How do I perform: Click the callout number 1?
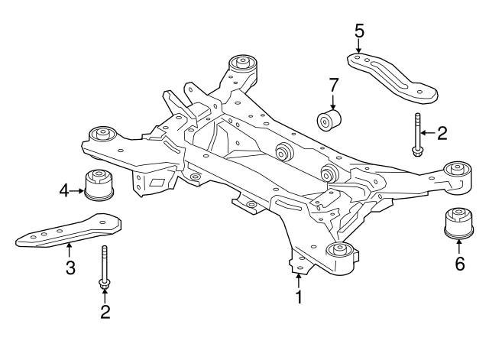299,297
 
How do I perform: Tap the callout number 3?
70,268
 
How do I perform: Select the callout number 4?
64,190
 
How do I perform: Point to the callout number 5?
359,31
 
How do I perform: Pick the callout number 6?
460,264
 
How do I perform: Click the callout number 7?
333,85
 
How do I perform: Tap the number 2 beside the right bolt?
442,133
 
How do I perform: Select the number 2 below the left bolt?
105,312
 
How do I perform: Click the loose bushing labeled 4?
99,185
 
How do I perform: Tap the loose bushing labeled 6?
458,224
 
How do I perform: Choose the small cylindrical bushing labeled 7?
329,120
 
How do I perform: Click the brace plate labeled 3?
68,231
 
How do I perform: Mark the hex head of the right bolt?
417,152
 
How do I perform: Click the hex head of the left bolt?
104,284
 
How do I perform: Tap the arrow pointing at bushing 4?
76,190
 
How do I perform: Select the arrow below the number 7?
333,101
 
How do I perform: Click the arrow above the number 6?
458,246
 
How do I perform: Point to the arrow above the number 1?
299,280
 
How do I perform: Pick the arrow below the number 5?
358,46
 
